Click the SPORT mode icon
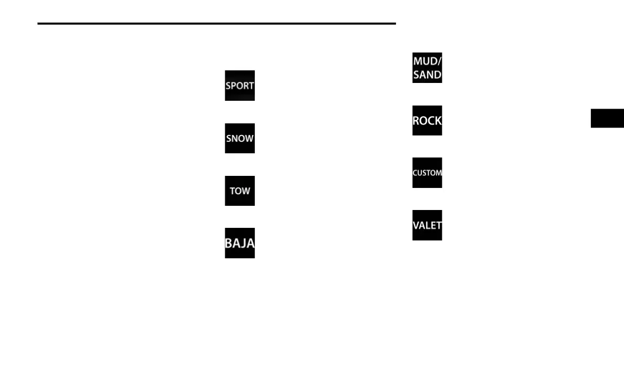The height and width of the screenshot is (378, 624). point(240,86)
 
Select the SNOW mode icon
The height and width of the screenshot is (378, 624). point(240,139)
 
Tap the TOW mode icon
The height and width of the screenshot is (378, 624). point(240,191)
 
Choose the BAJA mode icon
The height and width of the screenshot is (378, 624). point(240,243)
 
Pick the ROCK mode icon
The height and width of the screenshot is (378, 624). point(427,120)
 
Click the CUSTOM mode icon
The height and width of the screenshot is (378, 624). point(427,173)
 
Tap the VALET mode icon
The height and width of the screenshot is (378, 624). point(427,225)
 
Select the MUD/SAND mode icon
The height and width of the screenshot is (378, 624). point(427,68)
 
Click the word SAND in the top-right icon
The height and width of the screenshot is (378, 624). point(427,75)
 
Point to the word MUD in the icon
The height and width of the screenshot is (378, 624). point(425,61)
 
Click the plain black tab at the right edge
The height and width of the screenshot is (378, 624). point(607,118)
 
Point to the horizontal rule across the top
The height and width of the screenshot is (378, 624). point(216,24)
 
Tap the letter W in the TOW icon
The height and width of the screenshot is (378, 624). point(247,191)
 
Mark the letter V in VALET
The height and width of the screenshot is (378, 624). point(415,225)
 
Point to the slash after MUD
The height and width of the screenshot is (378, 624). point(439,61)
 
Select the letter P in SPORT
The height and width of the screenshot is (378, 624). point(234,86)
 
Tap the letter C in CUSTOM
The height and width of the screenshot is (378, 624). point(415,173)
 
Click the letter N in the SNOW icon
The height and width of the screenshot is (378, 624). point(235,139)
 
